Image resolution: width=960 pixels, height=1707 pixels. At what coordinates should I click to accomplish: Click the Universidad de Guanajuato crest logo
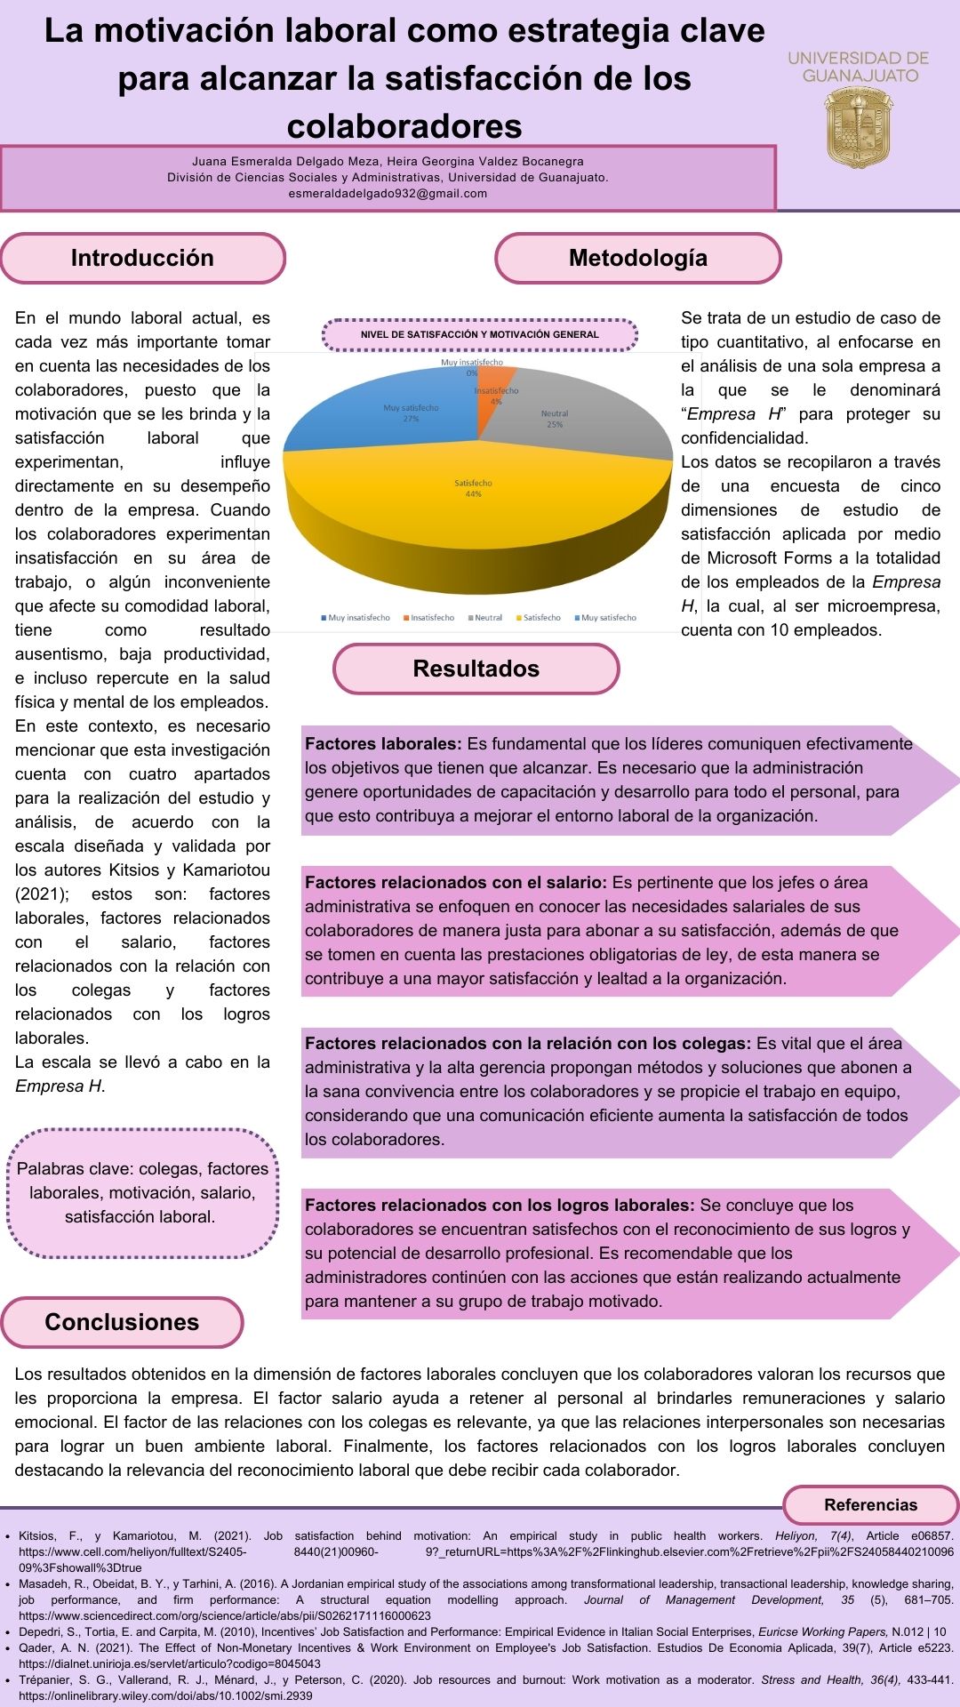(858, 128)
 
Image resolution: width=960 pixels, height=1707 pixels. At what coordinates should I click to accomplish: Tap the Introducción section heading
(142, 258)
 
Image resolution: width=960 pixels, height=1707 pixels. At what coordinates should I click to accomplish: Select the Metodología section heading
(637, 258)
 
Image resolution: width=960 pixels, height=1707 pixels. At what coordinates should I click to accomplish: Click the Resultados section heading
(476, 669)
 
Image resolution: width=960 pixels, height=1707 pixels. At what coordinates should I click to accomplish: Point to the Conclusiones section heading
(122, 1322)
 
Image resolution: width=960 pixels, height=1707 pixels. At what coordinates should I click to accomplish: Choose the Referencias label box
(870, 1505)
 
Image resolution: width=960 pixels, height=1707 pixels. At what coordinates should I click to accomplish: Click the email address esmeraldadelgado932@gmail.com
(388, 193)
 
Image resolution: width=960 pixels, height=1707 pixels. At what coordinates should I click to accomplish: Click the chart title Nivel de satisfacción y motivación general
(479, 334)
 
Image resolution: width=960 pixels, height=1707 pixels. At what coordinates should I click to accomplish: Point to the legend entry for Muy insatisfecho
(355, 617)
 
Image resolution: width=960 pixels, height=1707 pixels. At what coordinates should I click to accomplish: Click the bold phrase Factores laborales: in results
(383, 744)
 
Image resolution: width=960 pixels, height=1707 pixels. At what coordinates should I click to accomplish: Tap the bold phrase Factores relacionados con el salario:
(455, 883)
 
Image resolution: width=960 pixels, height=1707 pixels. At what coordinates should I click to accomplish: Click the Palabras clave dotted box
(142, 1193)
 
